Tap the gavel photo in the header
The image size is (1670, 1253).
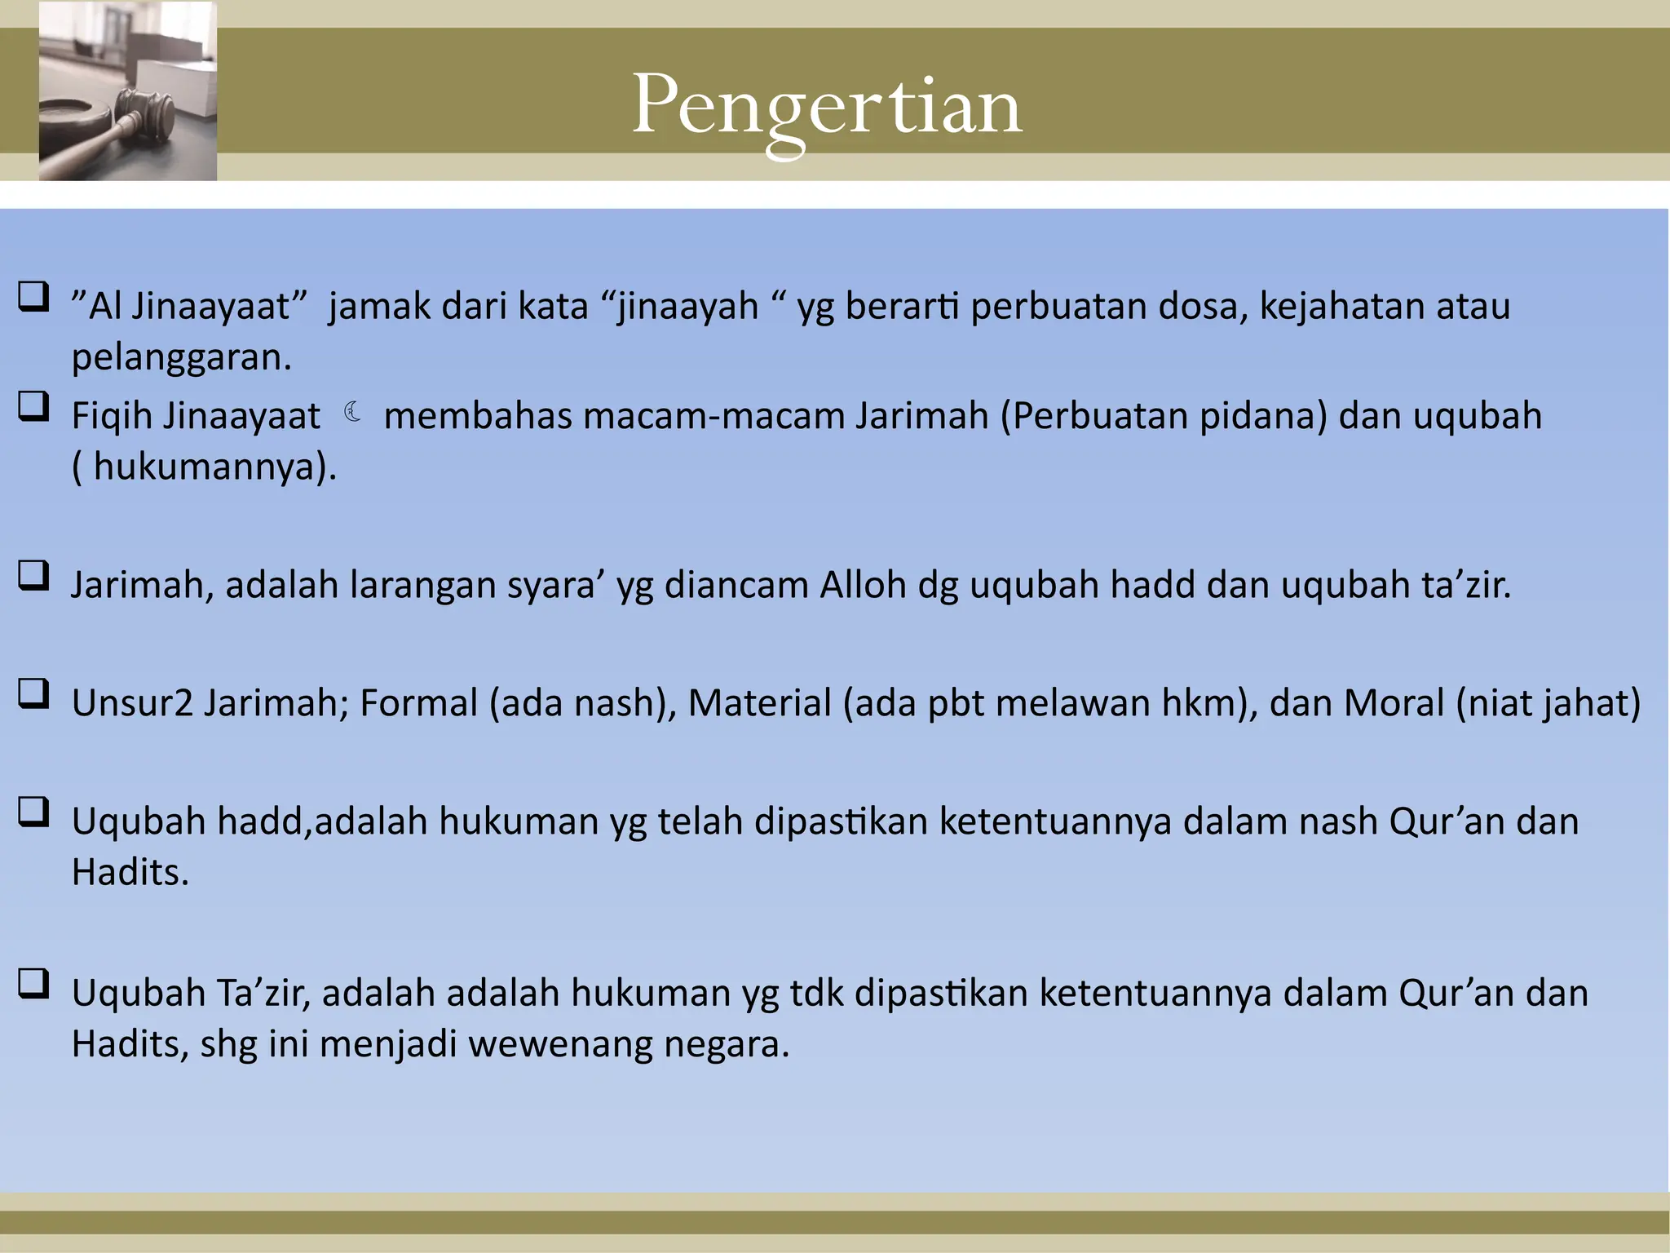click(x=128, y=91)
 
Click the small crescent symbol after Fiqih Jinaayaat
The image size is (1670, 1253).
click(x=352, y=412)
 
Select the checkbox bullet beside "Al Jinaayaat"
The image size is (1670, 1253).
click(x=33, y=297)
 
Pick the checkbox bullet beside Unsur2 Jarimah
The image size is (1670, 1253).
click(x=33, y=694)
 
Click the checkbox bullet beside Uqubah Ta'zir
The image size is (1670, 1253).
click(x=33, y=984)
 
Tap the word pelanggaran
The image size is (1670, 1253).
click(x=180, y=357)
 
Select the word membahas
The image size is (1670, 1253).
click(x=477, y=416)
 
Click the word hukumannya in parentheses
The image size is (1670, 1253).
click(x=203, y=467)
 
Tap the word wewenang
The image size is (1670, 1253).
click(x=560, y=1044)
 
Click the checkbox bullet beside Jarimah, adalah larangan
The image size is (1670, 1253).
click(x=33, y=576)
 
